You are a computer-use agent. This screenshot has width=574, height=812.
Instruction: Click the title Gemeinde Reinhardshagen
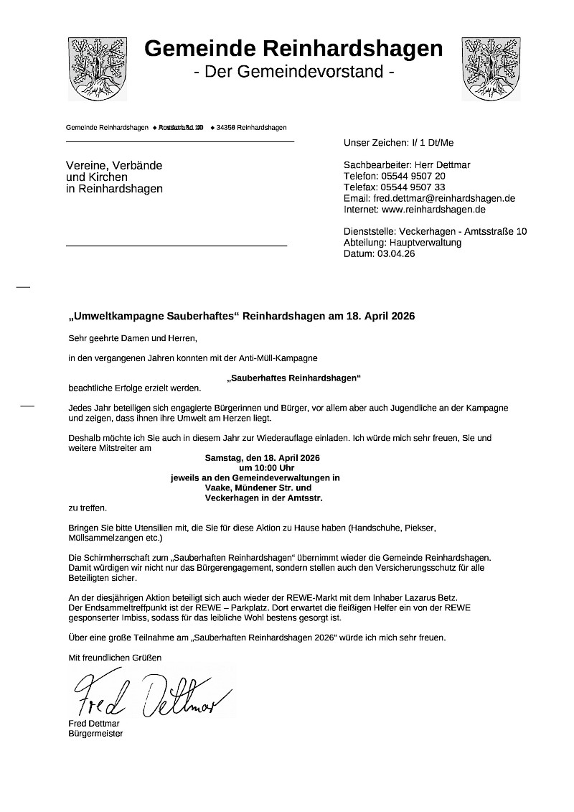tap(293, 48)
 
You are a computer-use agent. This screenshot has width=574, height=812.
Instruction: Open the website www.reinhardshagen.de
tap(433, 210)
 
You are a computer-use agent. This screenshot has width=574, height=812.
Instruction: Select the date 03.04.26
tap(395, 253)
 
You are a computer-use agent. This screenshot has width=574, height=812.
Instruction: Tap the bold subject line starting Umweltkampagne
tap(242, 316)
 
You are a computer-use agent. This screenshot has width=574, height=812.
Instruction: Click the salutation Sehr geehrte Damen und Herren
tap(131, 337)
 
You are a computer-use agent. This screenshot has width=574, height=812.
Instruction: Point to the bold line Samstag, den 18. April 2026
tap(262, 457)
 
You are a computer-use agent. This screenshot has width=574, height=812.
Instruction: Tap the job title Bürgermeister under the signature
tap(95, 734)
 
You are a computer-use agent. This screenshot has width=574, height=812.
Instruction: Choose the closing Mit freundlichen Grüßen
tap(115, 657)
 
